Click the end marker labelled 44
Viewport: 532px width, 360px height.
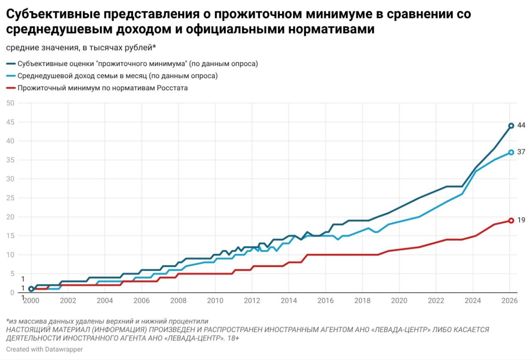[x=511, y=126]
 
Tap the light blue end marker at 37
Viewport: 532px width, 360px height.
[x=511, y=152]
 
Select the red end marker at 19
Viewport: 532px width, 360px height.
[x=511, y=220]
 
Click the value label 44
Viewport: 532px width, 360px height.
[x=521, y=125]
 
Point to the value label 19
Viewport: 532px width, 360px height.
[x=521, y=220]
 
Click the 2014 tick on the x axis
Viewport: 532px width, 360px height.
[x=289, y=301]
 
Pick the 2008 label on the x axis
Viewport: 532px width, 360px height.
[x=178, y=301]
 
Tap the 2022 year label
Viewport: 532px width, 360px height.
[x=436, y=301]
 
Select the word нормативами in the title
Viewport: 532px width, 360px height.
[x=329, y=30]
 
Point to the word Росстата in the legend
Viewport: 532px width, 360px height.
[x=172, y=88]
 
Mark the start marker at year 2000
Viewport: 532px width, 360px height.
[x=31, y=289]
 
